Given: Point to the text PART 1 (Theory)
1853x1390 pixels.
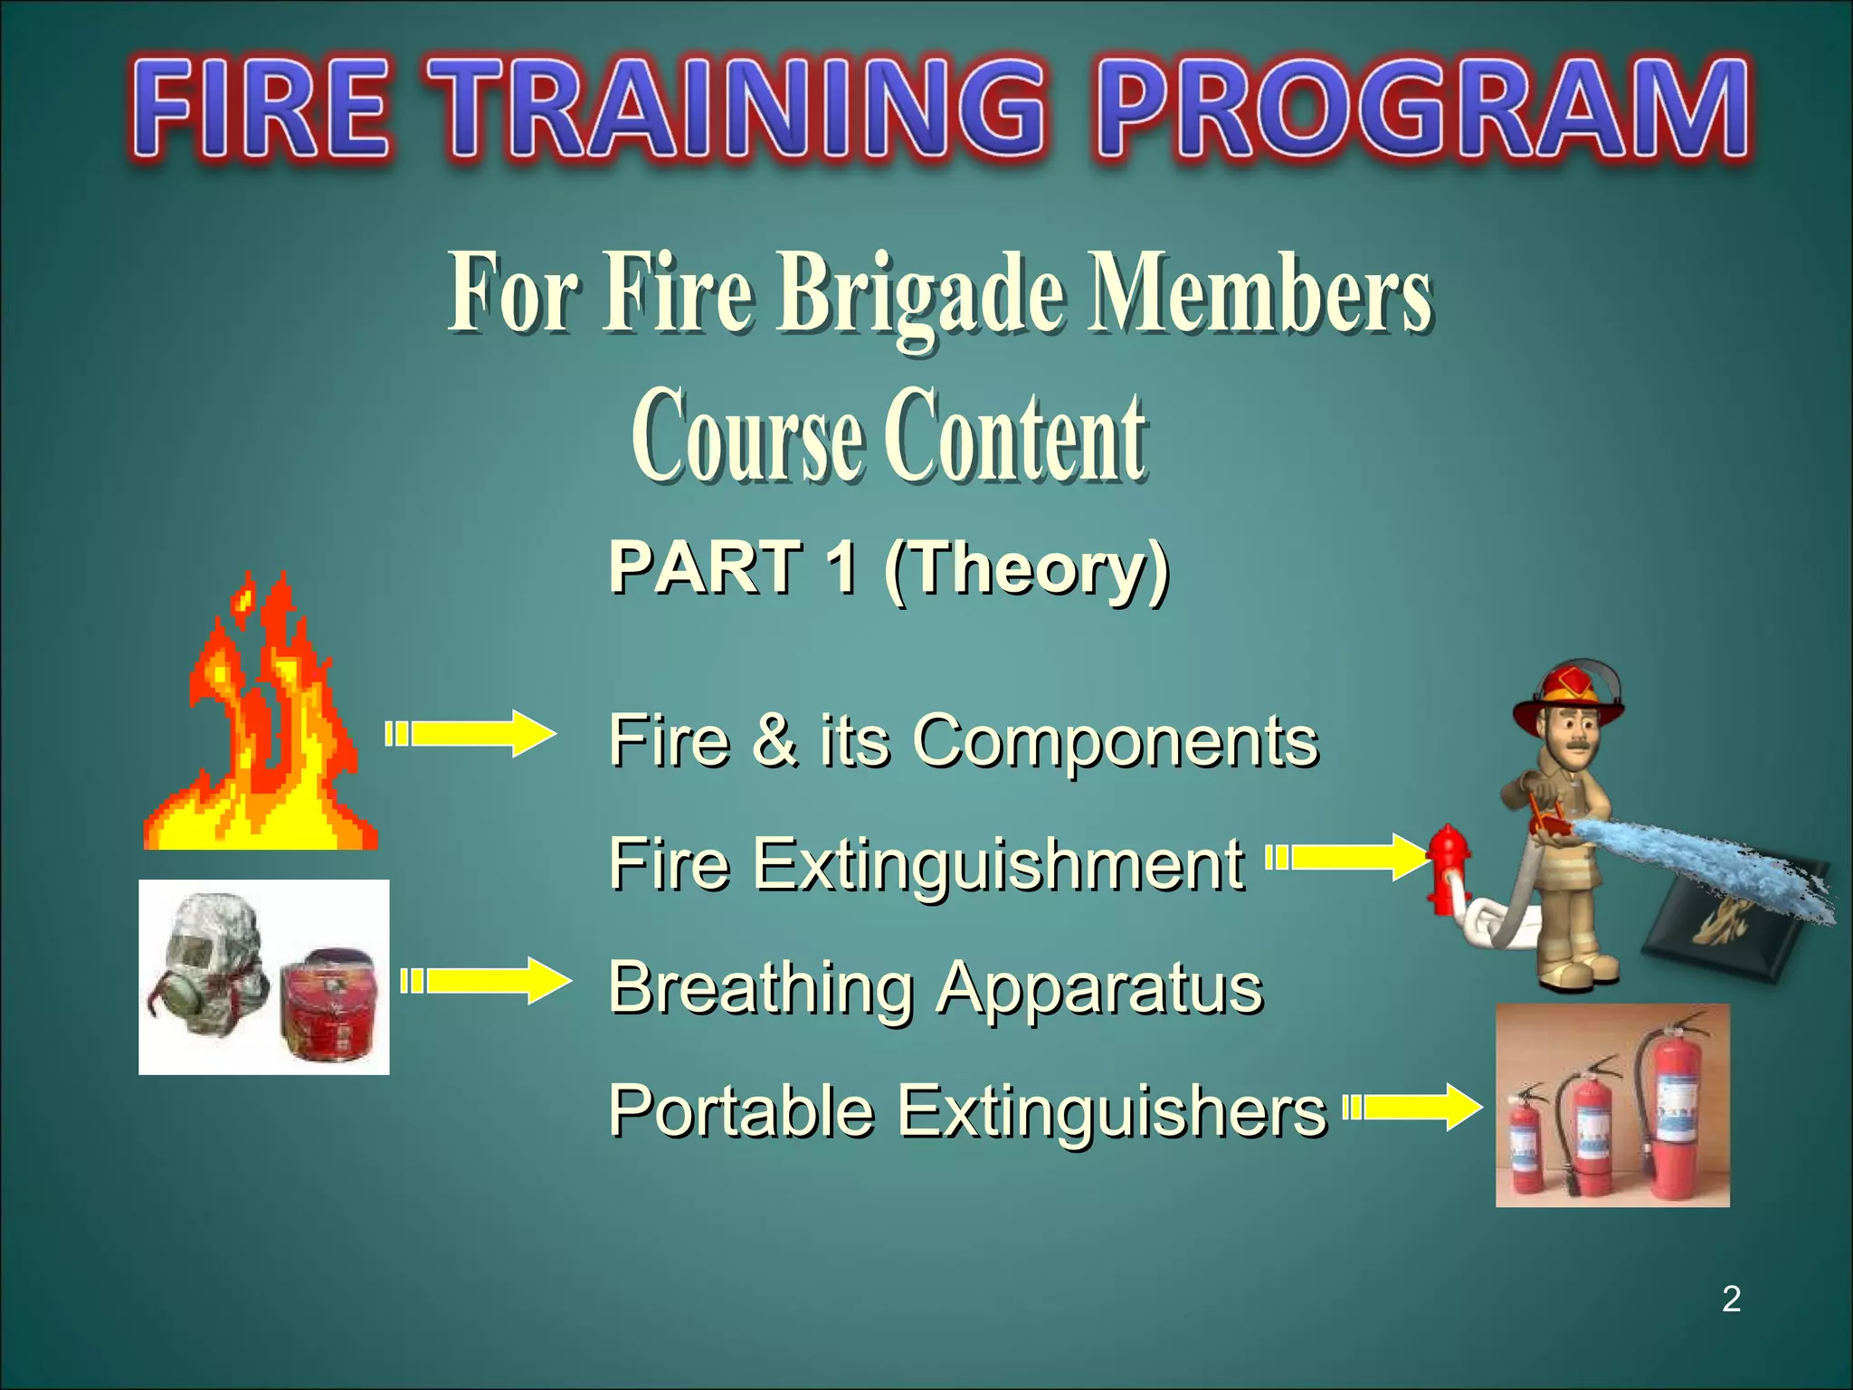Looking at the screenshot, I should click(888, 567).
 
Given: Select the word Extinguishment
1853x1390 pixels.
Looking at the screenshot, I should click(999, 864).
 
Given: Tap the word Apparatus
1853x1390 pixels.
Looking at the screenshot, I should click(1098, 988).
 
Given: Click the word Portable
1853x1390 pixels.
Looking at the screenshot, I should click(740, 1110).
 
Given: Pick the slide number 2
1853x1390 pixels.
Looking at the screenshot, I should click(1731, 1299).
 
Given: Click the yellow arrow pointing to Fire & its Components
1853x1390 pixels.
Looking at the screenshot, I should click(470, 734).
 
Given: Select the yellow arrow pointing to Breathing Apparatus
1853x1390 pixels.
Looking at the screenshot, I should click(487, 981).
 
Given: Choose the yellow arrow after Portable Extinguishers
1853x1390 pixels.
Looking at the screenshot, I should click(1413, 1107).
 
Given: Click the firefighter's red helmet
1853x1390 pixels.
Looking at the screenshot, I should click(1571, 692).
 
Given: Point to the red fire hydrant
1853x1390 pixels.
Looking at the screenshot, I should click(1448, 867).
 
